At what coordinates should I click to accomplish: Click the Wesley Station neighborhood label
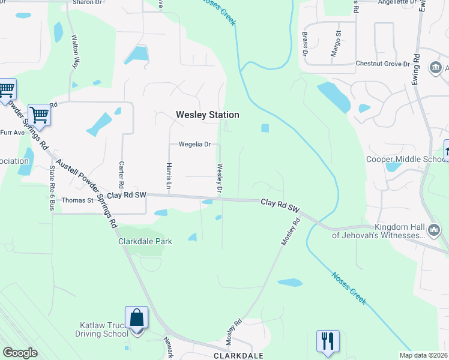pyautogui.click(x=207, y=115)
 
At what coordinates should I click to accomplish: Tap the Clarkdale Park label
pyautogui.click(x=145, y=241)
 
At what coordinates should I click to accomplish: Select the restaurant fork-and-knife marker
pyautogui.click(x=328, y=341)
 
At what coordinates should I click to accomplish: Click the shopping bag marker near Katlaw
pyautogui.click(x=137, y=318)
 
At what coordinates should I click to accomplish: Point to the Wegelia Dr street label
pyautogui.click(x=194, y=145)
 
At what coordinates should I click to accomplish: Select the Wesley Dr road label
pyautogui.click(x=220, y=179)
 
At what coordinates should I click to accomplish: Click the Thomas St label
pyautogui.click(x=77, y=200)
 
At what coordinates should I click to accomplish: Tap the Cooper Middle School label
pyautogui.click(x=405, y=159)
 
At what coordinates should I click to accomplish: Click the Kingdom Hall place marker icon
pyautogui.click(x=433, y=230)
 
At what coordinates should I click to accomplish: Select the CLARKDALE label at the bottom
pyautogui.click(x=239, y=355)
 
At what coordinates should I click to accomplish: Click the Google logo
pyautogui.click(x=20, y=353)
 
